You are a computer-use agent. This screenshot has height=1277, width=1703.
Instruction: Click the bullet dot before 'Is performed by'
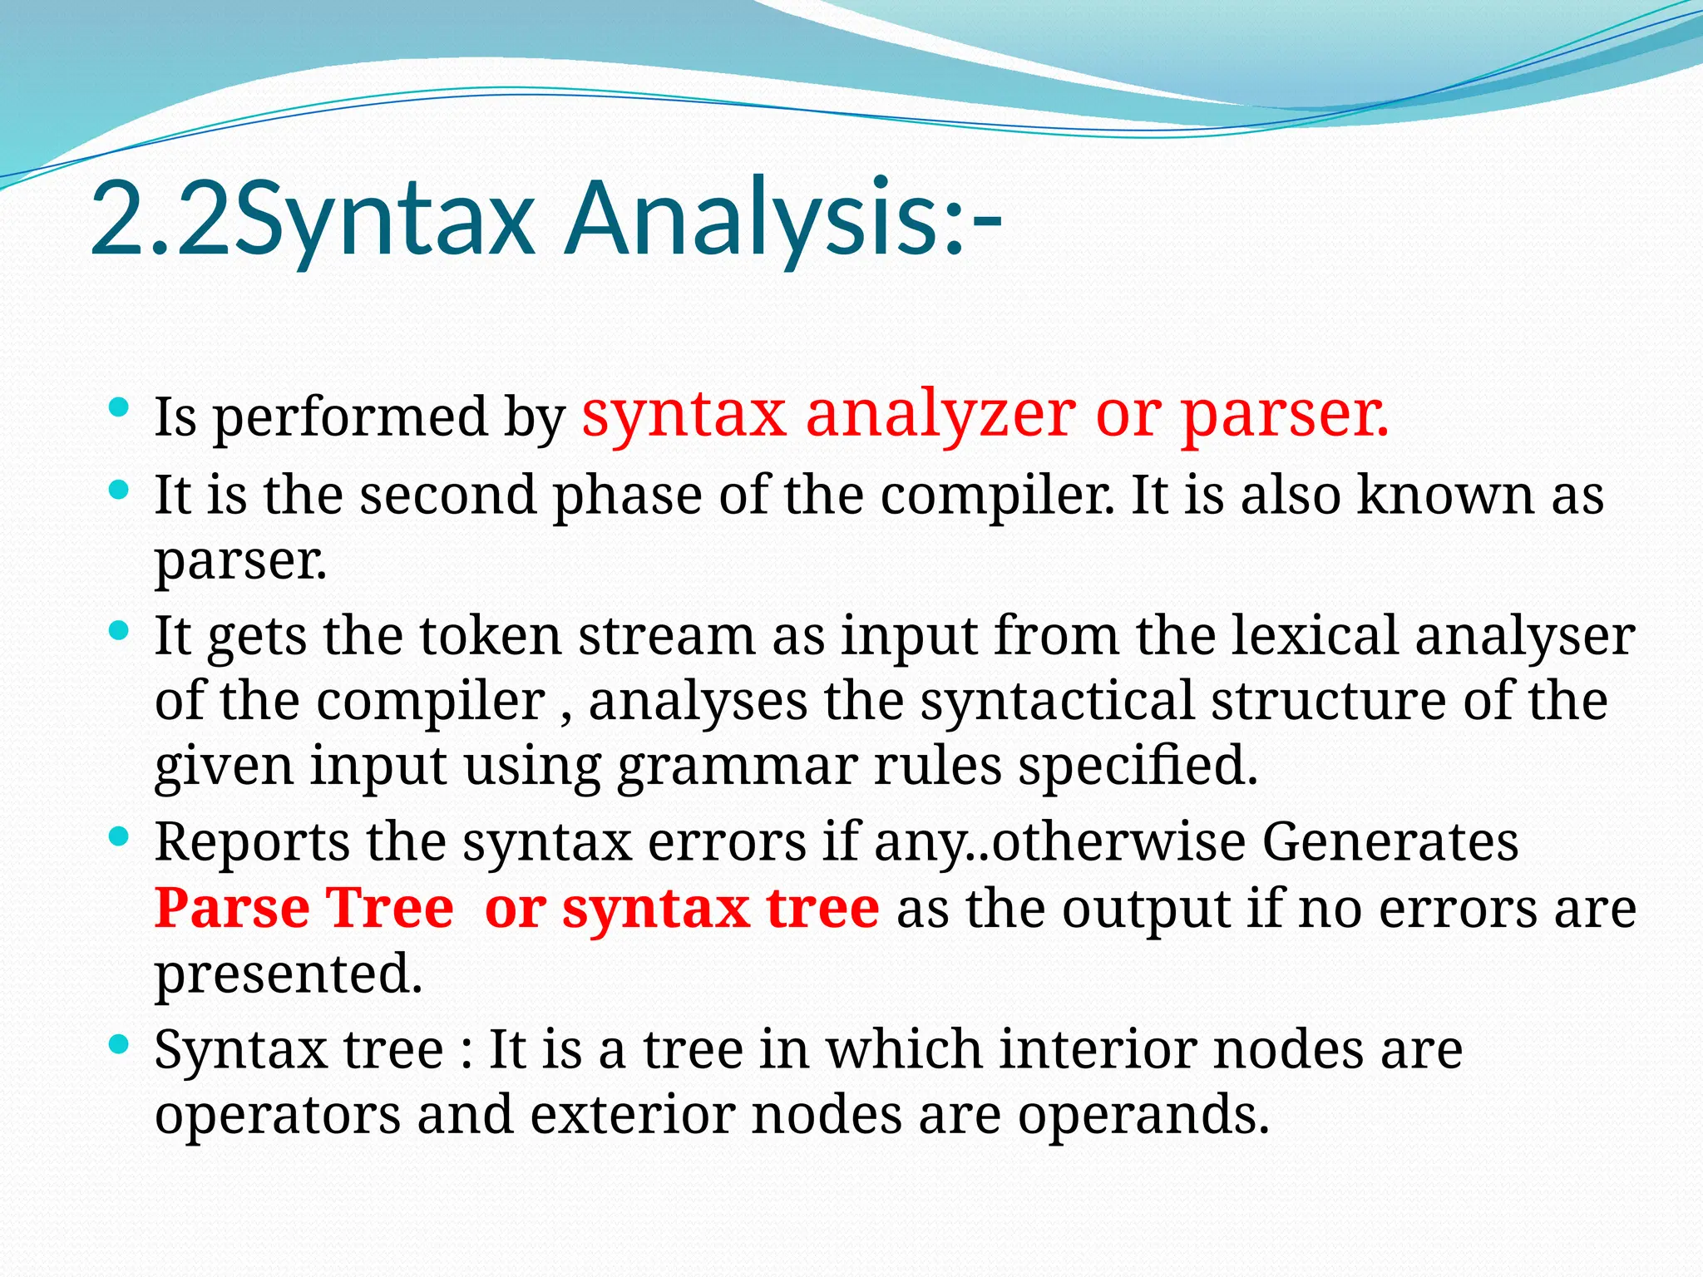click(x=119, y=408)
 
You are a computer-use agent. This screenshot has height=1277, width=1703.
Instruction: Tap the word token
click(x=490, y=636)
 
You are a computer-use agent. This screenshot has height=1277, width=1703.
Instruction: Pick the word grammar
click(x=737, y=767)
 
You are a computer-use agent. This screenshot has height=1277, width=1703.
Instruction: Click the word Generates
click(x=1390, y=842)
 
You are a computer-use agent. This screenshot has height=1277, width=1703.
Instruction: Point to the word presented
click(x=288, y=974)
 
